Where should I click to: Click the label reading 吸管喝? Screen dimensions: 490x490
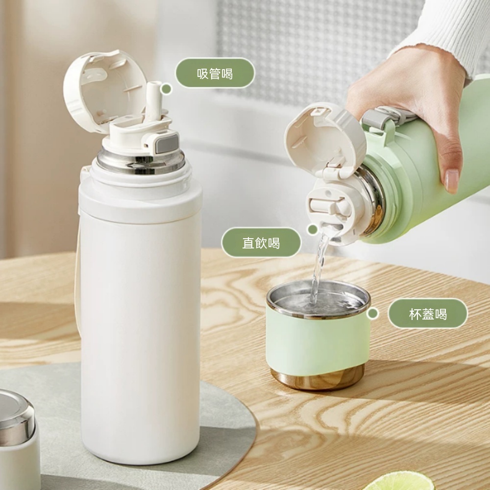pos(215,73)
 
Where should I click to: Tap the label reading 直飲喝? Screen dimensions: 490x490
pos(261,243)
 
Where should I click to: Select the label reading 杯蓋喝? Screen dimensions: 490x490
pos(428,314)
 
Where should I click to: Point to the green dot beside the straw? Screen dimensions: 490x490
pos(166,89)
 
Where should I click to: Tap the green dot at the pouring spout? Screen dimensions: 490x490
pos(313,230)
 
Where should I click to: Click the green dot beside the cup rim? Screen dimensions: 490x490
pos(372,314)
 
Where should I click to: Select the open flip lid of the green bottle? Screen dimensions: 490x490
pos(325,139)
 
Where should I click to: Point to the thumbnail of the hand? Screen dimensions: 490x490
pos(452,181)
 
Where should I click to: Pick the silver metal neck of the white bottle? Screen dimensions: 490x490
pos(141,161)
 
